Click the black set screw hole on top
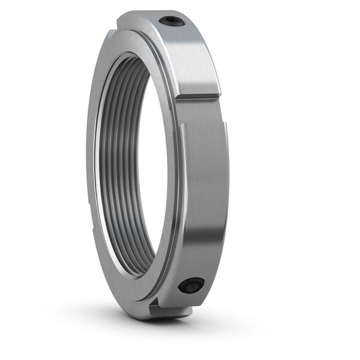[x=172, y=21]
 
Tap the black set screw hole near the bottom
[x=191, y=286]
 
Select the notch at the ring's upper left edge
[x=112, y=34]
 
